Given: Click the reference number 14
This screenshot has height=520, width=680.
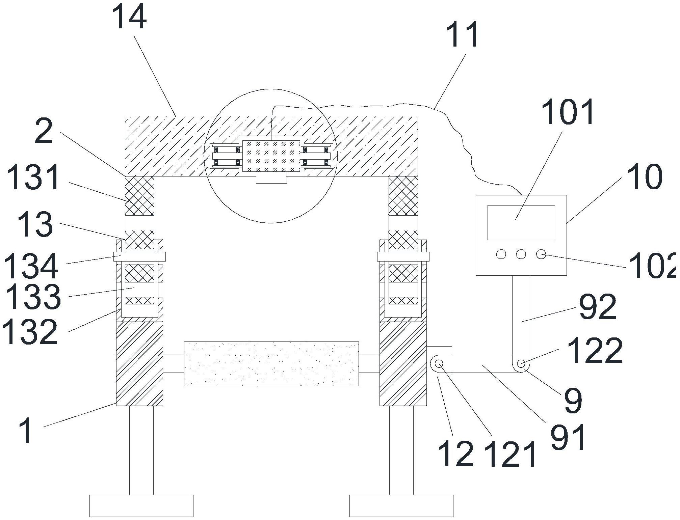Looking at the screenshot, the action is pos(129,17).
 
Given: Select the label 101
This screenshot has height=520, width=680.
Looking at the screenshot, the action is pos(568,112).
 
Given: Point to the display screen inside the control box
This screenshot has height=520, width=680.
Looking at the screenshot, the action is pos(521,223).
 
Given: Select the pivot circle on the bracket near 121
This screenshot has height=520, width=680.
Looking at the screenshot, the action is pos(439,363).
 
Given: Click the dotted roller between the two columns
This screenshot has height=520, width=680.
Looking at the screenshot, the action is pos(271,363).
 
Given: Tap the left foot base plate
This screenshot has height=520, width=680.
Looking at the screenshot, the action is pos(141,505).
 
